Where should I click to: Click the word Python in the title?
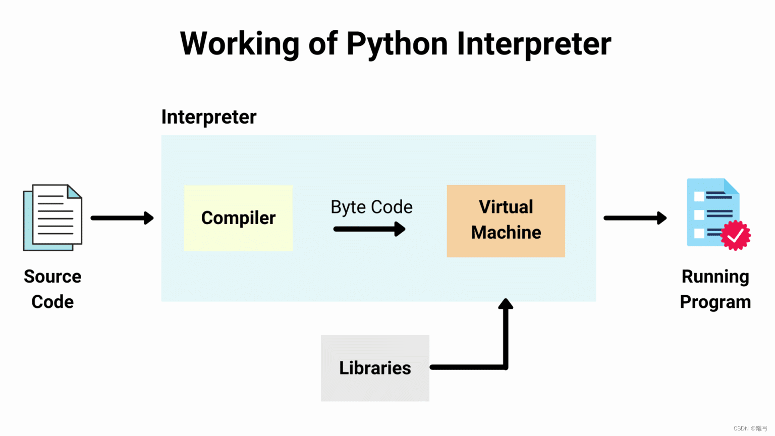[397, 44]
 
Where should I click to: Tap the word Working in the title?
[240, 44]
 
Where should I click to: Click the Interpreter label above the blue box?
[208, 117]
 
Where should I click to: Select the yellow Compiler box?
[238, 218]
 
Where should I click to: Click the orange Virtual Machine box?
[506, 221]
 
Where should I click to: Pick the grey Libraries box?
[375, 368]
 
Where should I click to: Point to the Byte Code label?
[371, 207]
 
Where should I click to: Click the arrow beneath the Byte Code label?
[369, 229]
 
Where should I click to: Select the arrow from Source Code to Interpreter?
[122, 218]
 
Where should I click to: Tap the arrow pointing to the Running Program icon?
[635, 218]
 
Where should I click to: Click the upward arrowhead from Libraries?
[506, 304]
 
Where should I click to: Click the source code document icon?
[52, 217]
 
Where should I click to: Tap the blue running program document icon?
[712, 212]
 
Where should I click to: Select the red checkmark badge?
[736, 235]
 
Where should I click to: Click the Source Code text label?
[52, 289]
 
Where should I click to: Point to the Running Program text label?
[715, 289]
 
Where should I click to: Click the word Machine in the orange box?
[506, 233]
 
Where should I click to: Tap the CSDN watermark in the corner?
[750, 428]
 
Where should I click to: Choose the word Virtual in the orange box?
[506, 207]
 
